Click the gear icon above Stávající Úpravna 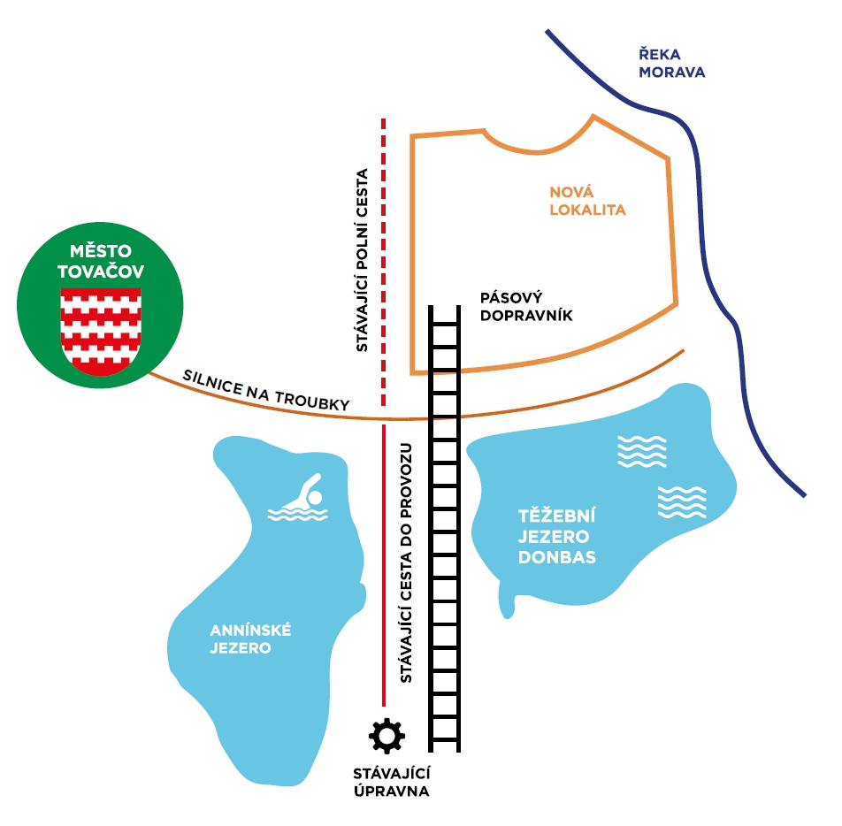tap(386, 736)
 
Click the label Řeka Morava tap(672, 64)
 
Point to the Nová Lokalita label tap(587, 201)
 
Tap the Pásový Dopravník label tap(526, 305)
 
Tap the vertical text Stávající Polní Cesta tap(362, 260)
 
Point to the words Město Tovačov tap(101, 263)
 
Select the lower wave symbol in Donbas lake tap(682, 502)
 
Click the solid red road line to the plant tap(383, 566)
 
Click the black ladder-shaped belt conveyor tap(444, 531)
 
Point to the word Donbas tap(557, 558)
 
